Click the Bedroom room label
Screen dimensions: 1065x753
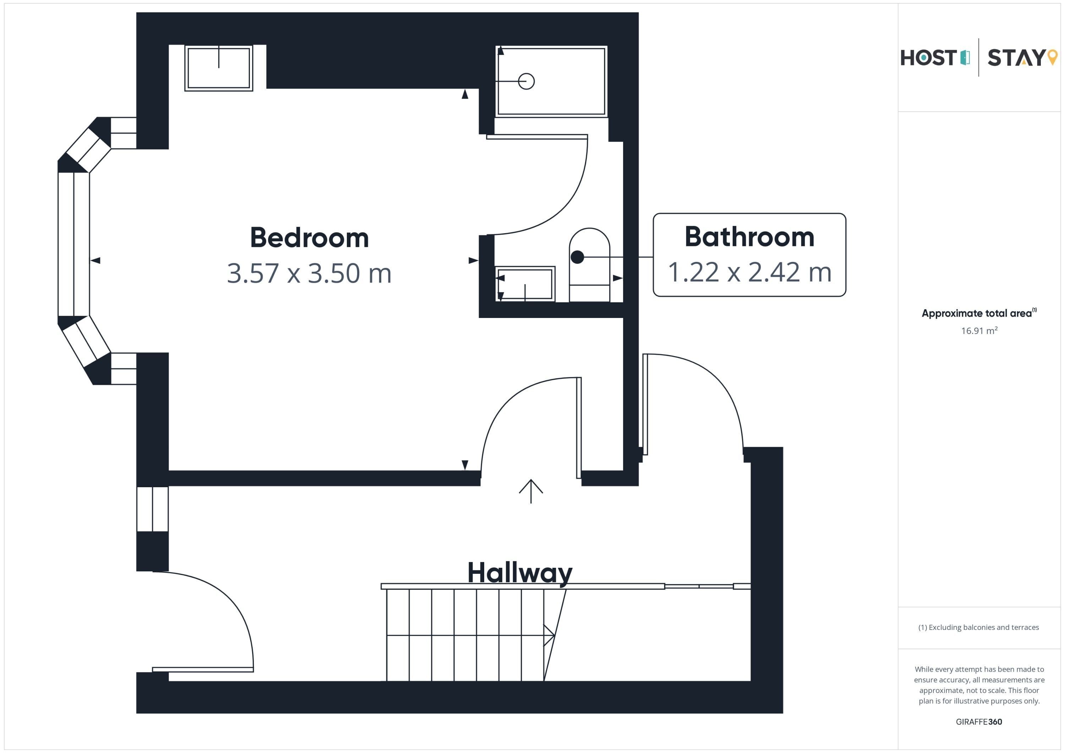[310, 237]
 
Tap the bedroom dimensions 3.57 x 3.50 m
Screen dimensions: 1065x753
[310, 273]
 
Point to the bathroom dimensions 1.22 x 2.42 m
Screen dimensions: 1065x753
[749, 272]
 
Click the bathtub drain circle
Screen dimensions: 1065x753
[526, 81]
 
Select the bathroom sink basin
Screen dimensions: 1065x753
[525, 284]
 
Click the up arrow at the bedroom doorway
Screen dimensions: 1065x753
[531, 491]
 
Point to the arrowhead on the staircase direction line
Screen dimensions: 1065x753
[550, 635]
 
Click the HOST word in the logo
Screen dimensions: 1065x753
[929, 58]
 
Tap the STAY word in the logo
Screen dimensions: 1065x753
[1016, 58]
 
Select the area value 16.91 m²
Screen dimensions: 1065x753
[979, 331]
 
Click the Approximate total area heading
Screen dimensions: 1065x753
[979, 313]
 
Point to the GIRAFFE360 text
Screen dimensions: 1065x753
[979, 721]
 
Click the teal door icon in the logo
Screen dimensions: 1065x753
[965, 57]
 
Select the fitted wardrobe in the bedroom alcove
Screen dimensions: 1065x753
[218, 68]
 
